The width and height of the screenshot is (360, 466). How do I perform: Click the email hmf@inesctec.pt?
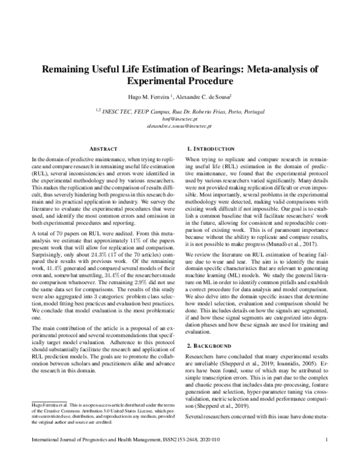point(180,120)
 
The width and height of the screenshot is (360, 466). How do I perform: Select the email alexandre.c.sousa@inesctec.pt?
point(180,127)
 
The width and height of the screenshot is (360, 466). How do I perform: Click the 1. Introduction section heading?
point(212,148)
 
